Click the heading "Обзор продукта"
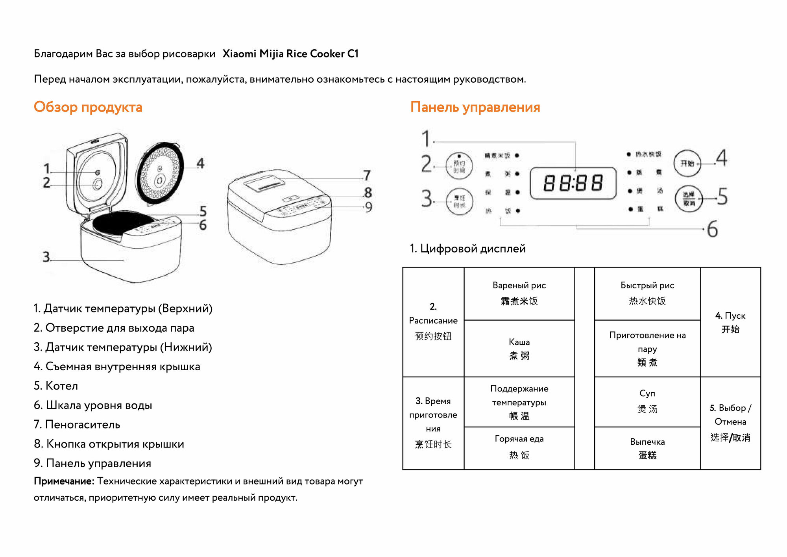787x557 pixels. coord(88,107)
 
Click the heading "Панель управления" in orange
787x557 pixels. coord(475,107)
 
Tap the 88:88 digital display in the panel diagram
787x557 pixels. coord(573,183)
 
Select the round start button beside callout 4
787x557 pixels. coord(687,163)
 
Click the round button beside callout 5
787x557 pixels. coord(689,199)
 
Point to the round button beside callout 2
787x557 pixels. coord(459,166)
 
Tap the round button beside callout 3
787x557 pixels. coord(459,201)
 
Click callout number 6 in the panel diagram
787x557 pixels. coord(712,229)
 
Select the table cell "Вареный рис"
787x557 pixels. coord(519,293)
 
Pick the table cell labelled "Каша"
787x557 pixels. coord(519,349)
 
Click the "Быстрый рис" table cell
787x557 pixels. coord(647,293)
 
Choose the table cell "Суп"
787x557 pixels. coord(647,401)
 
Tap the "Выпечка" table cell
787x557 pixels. coord(647,448)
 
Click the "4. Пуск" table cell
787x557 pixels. coord(730,322)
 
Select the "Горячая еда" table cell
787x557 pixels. coord(519,447)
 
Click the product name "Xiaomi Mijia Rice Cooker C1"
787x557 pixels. coord(290,54)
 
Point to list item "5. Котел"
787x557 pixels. coord(56,386)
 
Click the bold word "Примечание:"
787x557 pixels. coord(64,481)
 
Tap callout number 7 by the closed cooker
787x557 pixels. coord(367,175)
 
